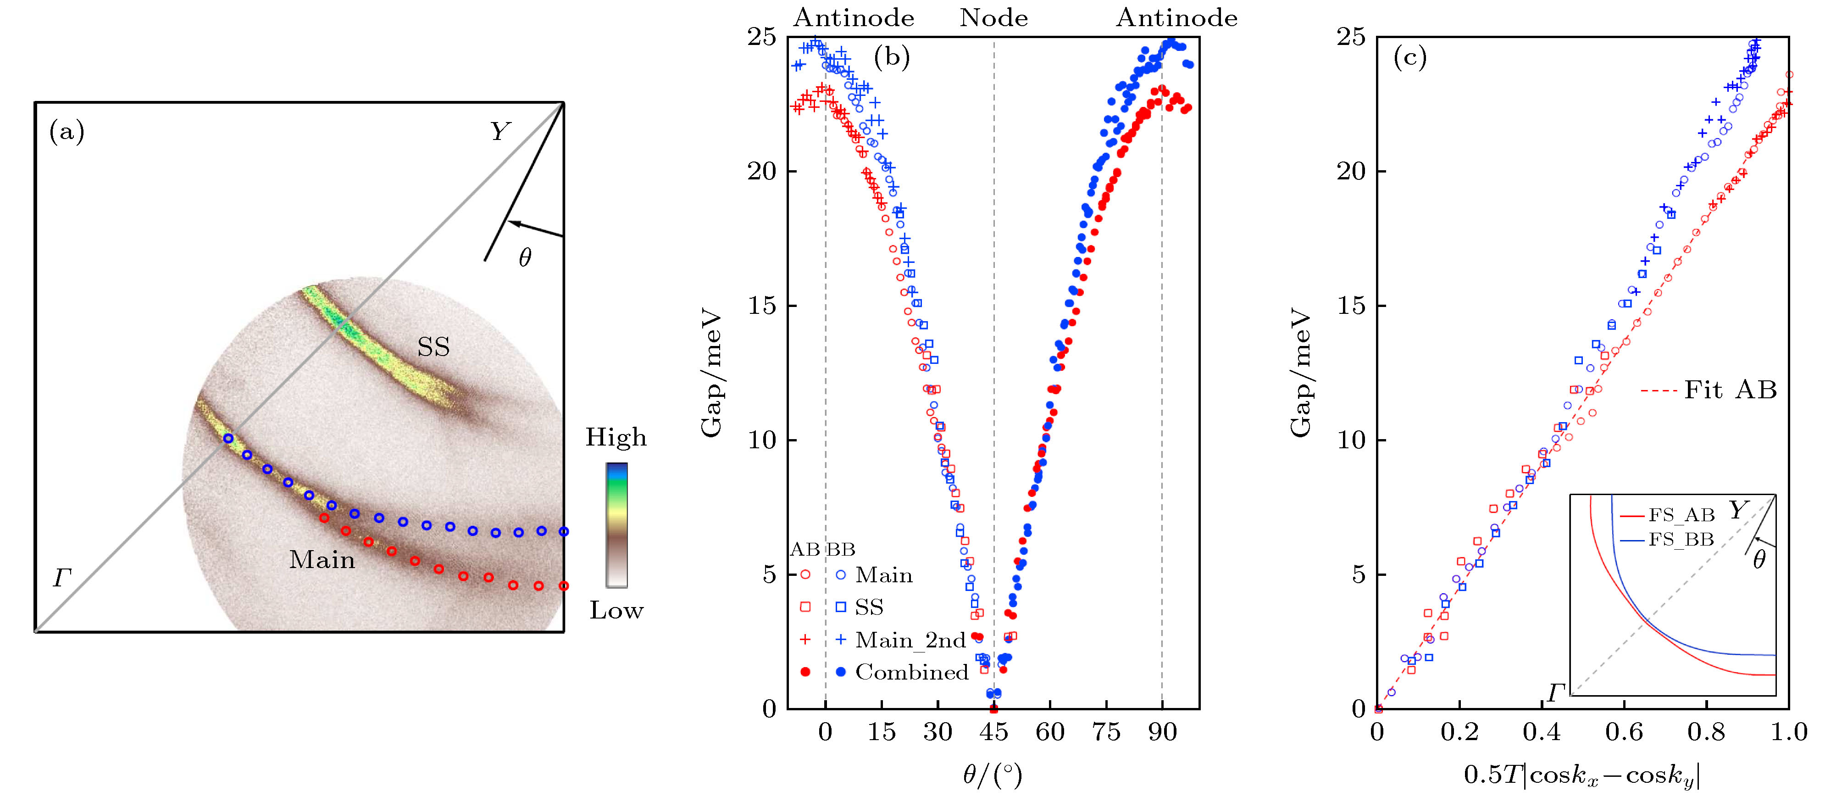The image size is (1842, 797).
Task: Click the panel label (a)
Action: point(67,132)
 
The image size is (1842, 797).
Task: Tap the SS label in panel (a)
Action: point(433,348)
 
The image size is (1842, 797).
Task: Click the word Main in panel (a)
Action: point(322,559)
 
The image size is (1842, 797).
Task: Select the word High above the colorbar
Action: point(616,437)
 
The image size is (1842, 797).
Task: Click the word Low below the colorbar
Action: point(616,610)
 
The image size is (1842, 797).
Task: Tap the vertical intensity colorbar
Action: point(616,525)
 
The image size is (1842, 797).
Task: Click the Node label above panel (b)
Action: point(993,18)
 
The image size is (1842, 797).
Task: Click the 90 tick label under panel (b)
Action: point(1162,732)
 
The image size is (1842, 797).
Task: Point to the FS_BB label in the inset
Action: point(1681,540)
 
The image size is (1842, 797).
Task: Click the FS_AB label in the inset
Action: point(1681,516)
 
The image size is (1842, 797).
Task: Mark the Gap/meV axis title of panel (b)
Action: point(711,373)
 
